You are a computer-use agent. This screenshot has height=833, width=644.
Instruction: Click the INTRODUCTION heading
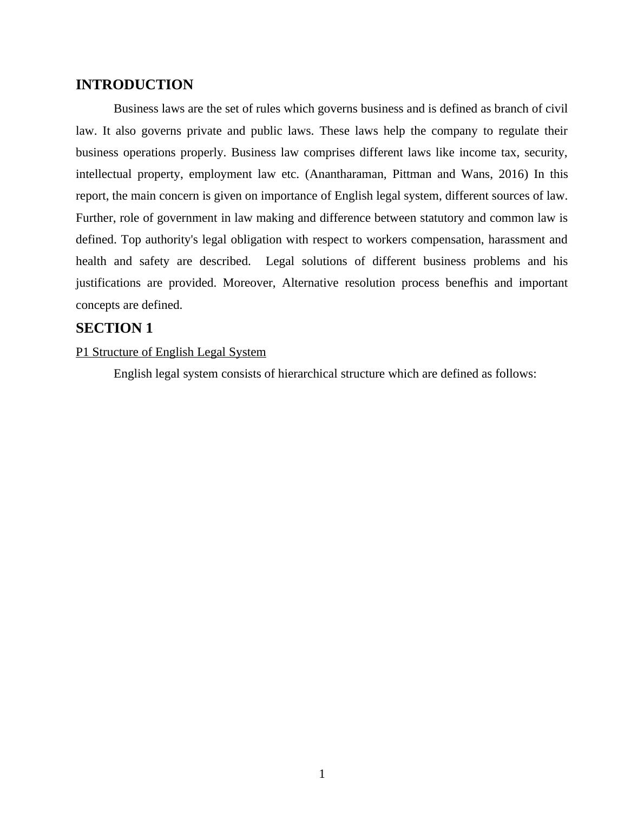(x=134, y=85)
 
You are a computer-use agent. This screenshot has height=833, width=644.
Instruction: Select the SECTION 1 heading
(x=114, y=328)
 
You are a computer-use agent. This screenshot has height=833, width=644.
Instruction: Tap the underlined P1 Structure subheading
(x=170, y=352)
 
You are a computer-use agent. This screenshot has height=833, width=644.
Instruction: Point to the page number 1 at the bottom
(x=322, y=774)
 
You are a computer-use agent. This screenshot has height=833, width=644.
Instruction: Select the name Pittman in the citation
(x=412, y=174)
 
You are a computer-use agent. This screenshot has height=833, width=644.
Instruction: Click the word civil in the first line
(x=556, y=109)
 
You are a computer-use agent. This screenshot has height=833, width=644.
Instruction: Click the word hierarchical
(x=307, y=374)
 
